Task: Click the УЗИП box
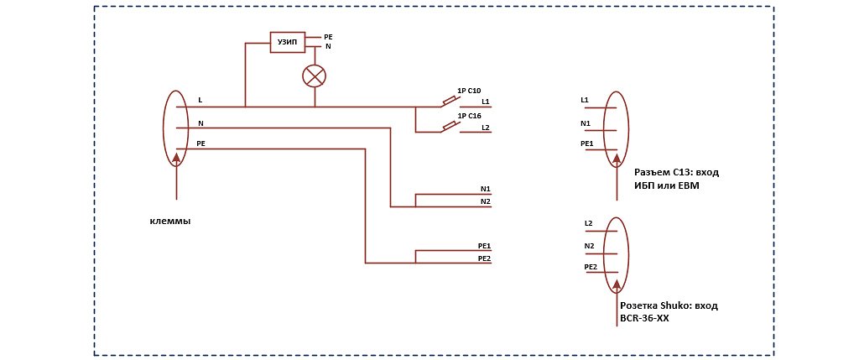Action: [287, 43]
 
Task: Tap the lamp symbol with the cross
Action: [314, 76]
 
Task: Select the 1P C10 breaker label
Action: [468, 91]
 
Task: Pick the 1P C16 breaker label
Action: [468, 116]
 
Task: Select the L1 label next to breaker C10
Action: [486, 102]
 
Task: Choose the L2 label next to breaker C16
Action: [486, 128]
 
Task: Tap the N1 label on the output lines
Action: [485, 190]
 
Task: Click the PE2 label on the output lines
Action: [483, 258]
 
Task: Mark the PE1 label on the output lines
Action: [483, 246]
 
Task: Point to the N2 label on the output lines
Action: [485, 202]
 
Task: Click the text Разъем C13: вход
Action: [676, 173]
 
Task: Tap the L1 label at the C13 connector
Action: [585, 101]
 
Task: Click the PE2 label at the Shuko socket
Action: [589, 267]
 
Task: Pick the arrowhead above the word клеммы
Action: [176, 159]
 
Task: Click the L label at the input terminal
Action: [200, 101]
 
